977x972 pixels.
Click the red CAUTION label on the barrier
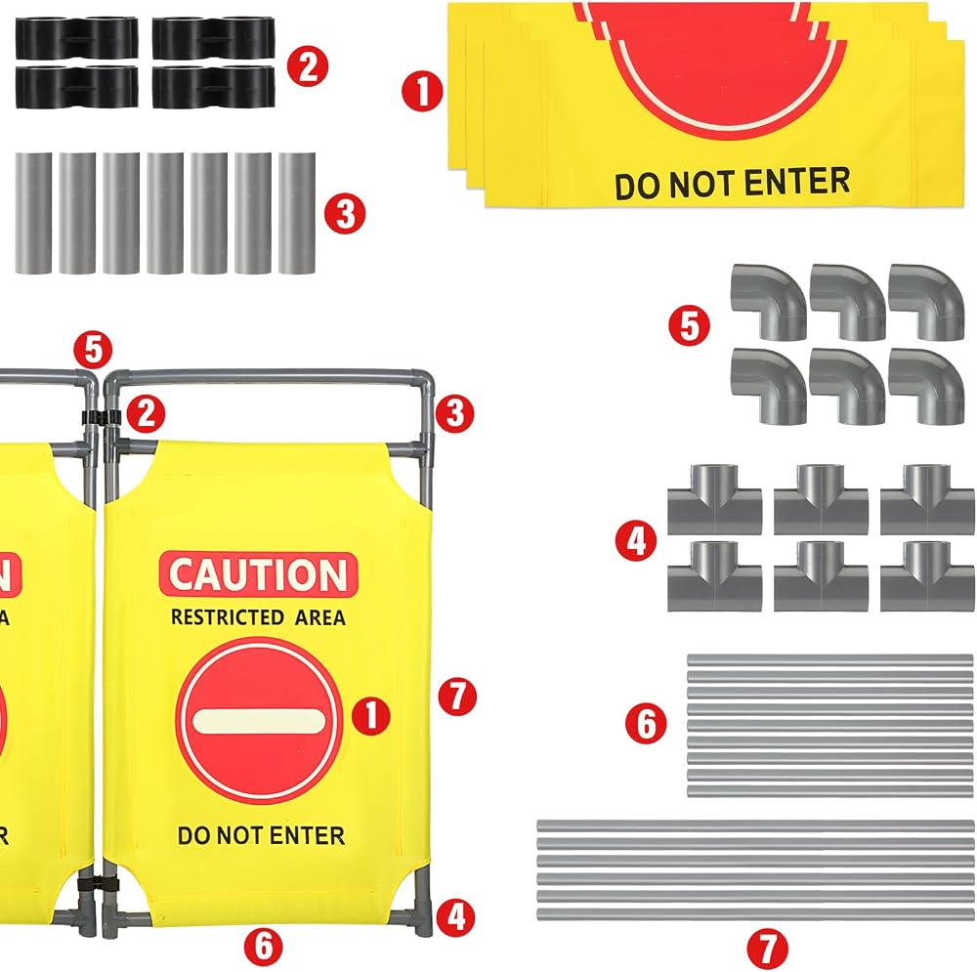pos(259,573)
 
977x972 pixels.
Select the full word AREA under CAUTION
pos(320,617)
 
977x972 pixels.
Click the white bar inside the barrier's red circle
pos(259,722)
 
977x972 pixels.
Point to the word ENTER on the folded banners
pos(797,182)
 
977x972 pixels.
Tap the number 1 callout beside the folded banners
pos(422,92)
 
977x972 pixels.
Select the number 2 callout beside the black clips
pos(307,65)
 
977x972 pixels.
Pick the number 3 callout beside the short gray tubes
pos(345,214)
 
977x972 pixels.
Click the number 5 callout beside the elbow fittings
pos(689,324)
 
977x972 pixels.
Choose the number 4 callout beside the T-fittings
pos(636,540)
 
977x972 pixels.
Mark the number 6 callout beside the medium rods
pos(646,724)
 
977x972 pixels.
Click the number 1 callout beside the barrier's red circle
pos(371,715)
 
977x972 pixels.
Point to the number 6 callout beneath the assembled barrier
pos(264,946)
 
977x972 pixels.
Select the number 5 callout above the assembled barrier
pos(93,350)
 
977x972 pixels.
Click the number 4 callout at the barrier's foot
pos(456,916)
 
